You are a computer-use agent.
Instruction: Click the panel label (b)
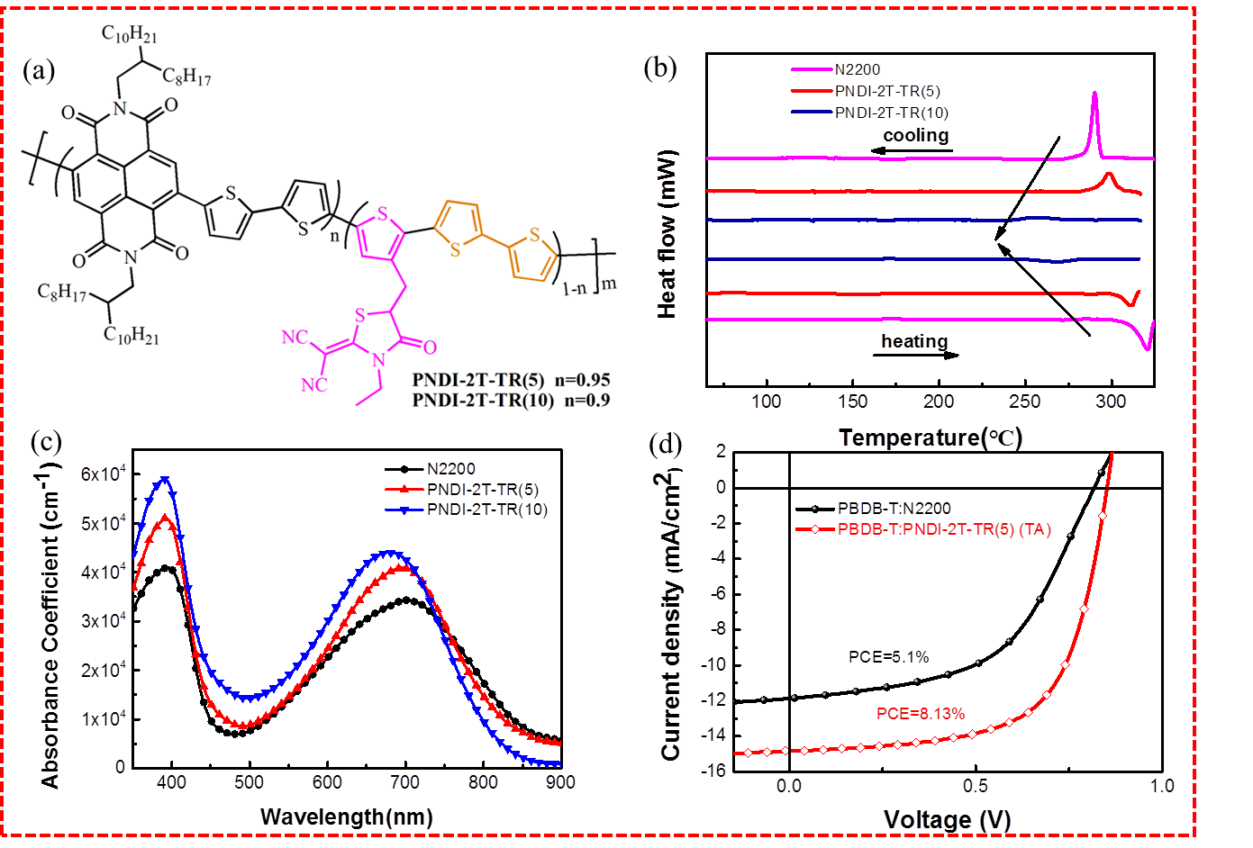(x=660, y=68)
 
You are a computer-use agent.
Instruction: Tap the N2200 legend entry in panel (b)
(x=857, y=69)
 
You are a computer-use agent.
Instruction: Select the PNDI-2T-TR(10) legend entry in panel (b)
(x=891, y=113)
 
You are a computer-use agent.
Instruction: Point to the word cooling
(x=915, y=135)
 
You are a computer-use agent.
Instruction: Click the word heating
(x=913, y=340)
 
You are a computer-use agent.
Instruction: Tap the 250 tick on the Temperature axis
(x=1025, y=401)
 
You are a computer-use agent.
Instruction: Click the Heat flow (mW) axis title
(x=667, y=234)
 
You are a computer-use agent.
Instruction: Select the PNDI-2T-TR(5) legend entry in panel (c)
(x=483, y=490)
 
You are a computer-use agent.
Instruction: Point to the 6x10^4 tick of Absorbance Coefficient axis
(x=103, y=474)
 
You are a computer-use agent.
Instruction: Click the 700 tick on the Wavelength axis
(x=405, y=782)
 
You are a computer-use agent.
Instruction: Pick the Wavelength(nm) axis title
(x=346, y=817)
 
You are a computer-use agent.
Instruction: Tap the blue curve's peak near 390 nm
(x=165, y=479)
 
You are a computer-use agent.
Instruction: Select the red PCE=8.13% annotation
(x=921, y=714)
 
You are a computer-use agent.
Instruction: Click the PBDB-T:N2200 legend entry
(x=894, y=509)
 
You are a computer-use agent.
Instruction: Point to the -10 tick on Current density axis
(x=714, y=665)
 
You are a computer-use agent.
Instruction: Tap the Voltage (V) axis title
(x=947, y=820)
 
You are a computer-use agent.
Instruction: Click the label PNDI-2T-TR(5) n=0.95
(x=511, y=380)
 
